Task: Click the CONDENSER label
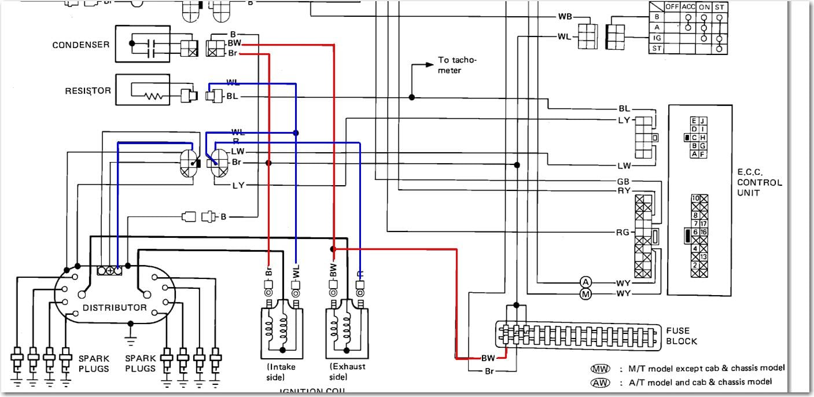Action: tap(80, 45)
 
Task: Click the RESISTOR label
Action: tap(88, 91)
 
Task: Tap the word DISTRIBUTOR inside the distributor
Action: tap(114, 307)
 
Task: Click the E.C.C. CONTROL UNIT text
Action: tap(760, 182)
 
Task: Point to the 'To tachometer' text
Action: tap(458, 64)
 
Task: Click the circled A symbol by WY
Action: tap(586, 282)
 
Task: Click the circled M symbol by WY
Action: tap(586, 294)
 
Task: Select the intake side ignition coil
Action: tap(282, 327)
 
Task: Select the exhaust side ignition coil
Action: tap(347, 327)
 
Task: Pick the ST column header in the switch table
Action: tap(719, 6)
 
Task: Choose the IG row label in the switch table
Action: tap(656, 38)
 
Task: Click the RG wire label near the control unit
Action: tap(623, 233)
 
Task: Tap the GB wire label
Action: tap(623, 181)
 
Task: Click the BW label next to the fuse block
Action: tap(488, 358)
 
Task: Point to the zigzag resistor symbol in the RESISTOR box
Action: tap(154, 97)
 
